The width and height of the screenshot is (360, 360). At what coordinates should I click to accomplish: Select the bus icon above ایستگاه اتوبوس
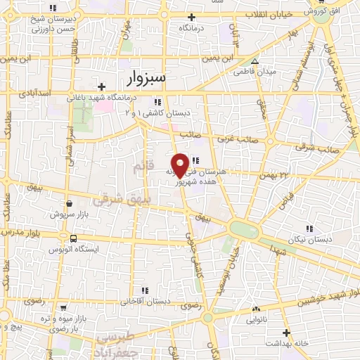tap(67, 238)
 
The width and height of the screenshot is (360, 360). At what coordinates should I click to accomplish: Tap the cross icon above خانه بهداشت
tap(286, 332)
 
